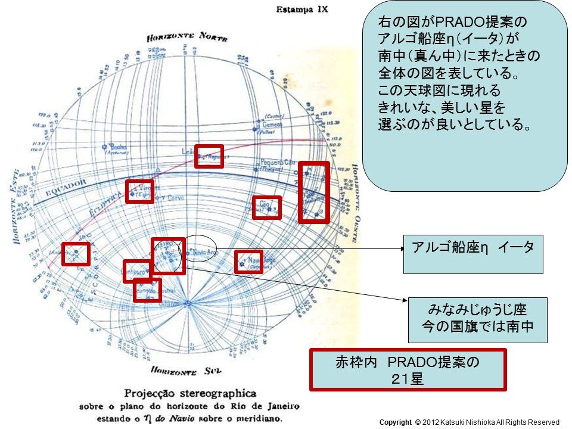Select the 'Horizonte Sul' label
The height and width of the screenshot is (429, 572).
[185, 371]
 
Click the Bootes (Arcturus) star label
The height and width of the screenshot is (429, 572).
[117, 148]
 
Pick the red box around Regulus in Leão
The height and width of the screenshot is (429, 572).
[209, 156]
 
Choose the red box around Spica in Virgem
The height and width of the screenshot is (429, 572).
[139, 191]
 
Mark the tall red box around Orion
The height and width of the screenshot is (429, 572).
[313, 192]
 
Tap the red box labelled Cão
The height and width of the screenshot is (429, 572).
[266, 207]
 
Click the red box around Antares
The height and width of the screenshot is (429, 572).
[76, 254]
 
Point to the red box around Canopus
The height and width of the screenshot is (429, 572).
[248, 262]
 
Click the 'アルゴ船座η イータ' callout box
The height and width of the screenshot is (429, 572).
[473, 254]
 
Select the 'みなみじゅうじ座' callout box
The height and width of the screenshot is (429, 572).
[477, 319]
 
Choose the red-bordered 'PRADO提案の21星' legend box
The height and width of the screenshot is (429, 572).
[408, 369]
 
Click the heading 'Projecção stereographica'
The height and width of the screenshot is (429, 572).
[190, 393]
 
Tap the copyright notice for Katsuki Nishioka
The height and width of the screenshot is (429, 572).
[470, 422]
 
